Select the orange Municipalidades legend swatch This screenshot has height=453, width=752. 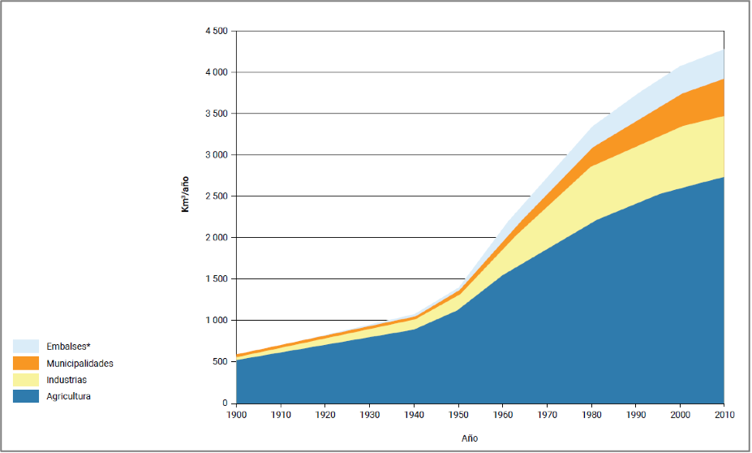coord(26,363)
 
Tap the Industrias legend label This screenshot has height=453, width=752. coord(66,380)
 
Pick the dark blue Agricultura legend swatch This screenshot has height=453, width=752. coord(26,396)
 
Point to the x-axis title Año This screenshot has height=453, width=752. coord(471,438)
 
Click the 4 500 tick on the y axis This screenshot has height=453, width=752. coord(215,31)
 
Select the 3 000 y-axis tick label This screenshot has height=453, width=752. coord(215,155)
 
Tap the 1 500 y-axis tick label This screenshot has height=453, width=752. coord(215,279)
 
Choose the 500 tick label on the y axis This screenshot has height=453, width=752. coord(219,362)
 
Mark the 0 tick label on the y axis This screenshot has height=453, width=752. coord(224,403)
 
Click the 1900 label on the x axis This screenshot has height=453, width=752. coord(236,416)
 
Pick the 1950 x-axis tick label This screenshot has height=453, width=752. coord(458,416)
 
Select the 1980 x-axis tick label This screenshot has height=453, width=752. coord(591,416)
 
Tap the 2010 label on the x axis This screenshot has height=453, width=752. coord(724,416)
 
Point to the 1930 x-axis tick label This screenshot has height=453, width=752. coord(369,416)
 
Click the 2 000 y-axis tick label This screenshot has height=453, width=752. coord(215,238)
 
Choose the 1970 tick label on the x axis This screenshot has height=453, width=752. coord(547,416)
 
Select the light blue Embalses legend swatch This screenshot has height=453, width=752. coord(26,347)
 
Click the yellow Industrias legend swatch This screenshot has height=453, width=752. coord(26,380)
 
